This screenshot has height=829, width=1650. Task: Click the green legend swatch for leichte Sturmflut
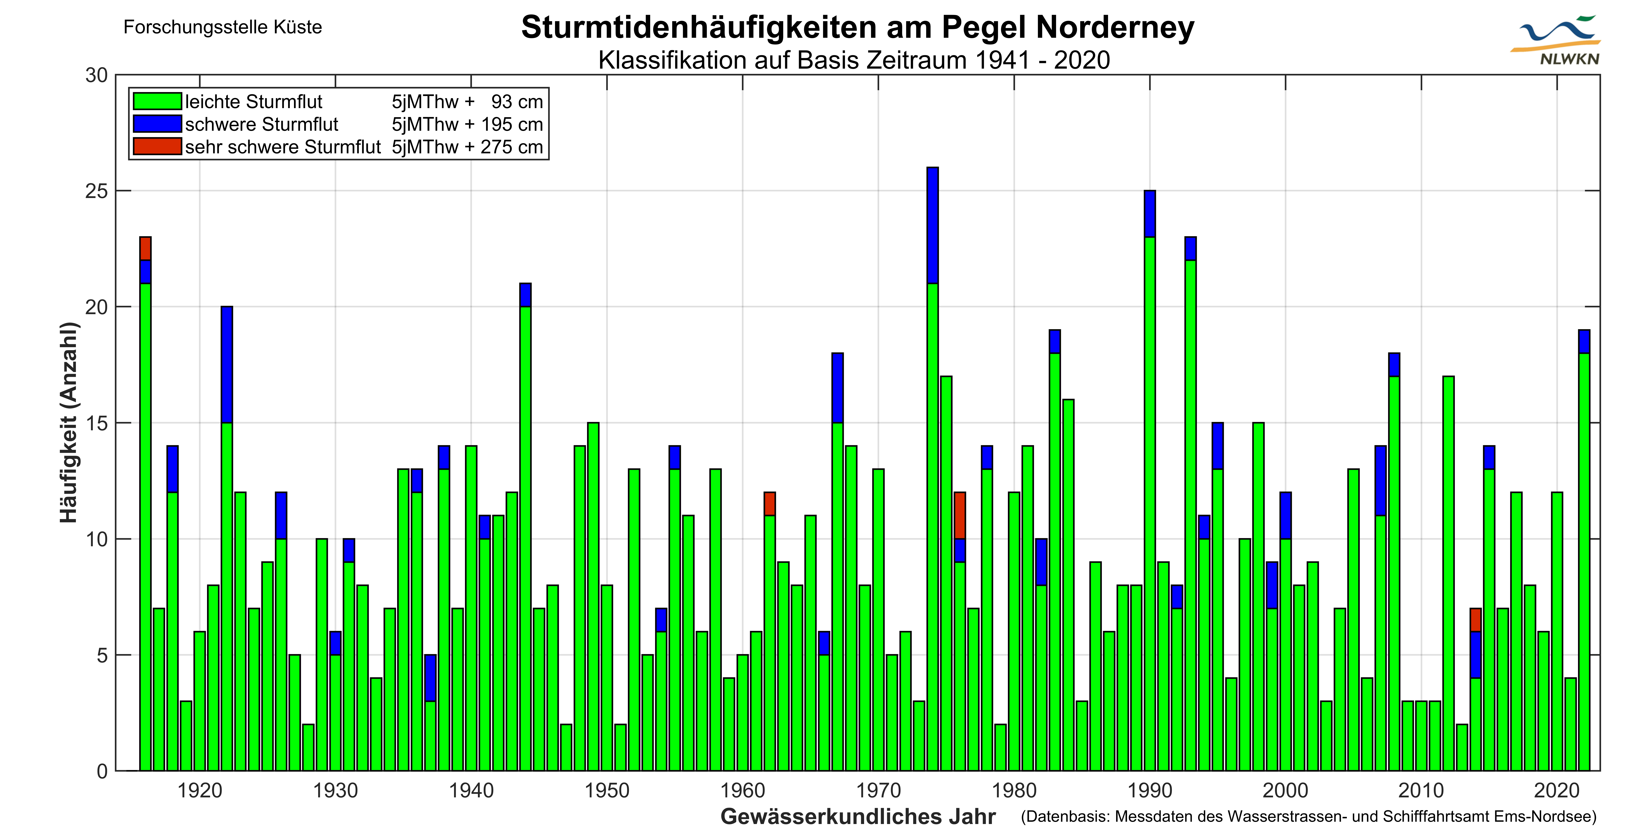click(x=157, y=101)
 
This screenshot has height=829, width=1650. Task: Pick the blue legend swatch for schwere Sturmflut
click(x=157, y=124)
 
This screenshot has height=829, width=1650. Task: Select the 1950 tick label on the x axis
click(x=607, y=790)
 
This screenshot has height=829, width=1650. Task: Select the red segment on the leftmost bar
click(x=145, y=249)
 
